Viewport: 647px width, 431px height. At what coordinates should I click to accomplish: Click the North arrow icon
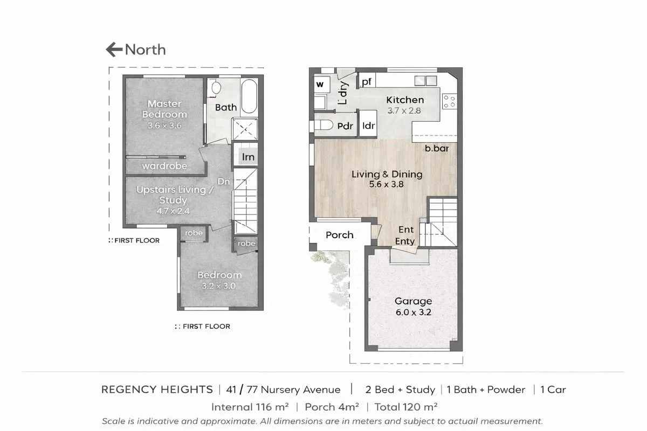pos(114,50)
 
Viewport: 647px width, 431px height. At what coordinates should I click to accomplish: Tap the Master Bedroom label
pos(164,109)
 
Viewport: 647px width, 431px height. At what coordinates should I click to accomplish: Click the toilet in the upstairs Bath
pos(215,87)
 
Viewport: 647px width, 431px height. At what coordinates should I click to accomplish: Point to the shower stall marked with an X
pos(245,129)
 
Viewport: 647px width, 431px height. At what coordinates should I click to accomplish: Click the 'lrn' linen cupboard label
pos(248,157)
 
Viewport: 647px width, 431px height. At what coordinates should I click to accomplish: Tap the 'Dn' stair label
pos(224,182)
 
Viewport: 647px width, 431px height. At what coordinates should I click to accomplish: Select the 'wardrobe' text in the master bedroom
pos(164,166)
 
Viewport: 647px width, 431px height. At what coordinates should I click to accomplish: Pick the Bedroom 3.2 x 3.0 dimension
pos(218,286)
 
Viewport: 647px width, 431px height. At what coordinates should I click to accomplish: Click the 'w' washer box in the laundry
pos(320,85)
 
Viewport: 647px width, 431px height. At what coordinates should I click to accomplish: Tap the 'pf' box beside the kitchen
pos(367,82)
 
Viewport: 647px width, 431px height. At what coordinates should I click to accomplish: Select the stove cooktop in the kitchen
pos(449,101)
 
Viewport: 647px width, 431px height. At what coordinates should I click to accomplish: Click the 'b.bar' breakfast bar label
pos(437,148)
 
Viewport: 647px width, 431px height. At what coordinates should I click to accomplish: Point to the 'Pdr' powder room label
pos(345,126)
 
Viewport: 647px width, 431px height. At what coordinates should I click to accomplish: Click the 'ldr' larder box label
pos(368,126)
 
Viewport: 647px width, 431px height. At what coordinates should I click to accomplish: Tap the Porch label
pos(340,235)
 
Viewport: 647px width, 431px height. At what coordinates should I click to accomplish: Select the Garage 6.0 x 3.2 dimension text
pos(413,312)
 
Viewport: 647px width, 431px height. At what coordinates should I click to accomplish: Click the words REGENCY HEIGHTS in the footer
pos(157,390)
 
